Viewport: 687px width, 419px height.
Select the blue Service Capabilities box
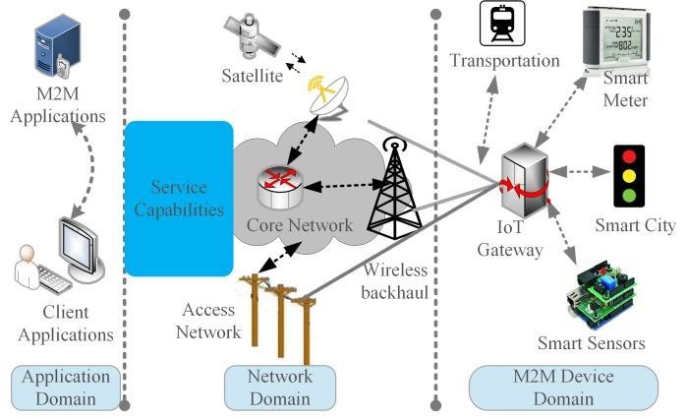[179, 197]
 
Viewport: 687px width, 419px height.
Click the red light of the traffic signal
[625, 156]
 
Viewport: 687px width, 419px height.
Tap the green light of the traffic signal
[625, 195]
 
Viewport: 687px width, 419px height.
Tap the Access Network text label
[209, 322]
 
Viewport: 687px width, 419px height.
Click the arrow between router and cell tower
[337, 185]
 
